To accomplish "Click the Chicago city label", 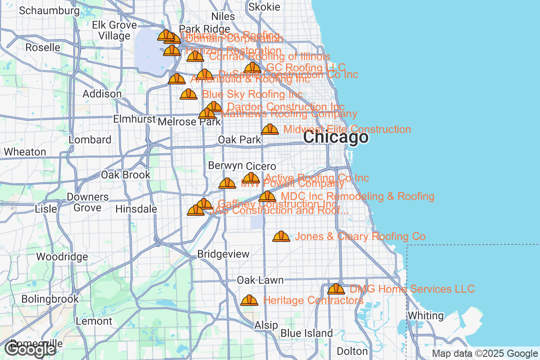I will pos(336,137).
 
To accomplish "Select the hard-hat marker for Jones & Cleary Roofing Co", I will pos(281,236).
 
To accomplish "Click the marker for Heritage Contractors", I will pos(249,300).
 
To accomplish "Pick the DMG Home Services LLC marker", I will pos(336,289).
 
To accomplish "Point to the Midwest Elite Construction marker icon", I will pos(270,130).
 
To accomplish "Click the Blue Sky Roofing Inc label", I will pos(252,94).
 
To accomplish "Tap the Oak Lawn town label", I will pos(261,280).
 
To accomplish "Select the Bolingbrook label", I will pos(50,299).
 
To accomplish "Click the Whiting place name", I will pos(426,315).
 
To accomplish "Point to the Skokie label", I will pos(264,7).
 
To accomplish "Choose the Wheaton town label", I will pos(25,152).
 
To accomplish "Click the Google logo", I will pos(31,349).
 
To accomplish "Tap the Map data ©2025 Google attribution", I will pos(485,354).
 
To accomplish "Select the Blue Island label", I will pos(306,333).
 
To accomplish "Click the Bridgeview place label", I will pos(223,254).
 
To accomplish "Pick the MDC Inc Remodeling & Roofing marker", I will pos(267,197).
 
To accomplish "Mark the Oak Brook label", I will pos(126,175).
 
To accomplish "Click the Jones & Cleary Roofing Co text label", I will pos(360,237).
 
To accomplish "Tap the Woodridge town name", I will pos(62,257).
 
